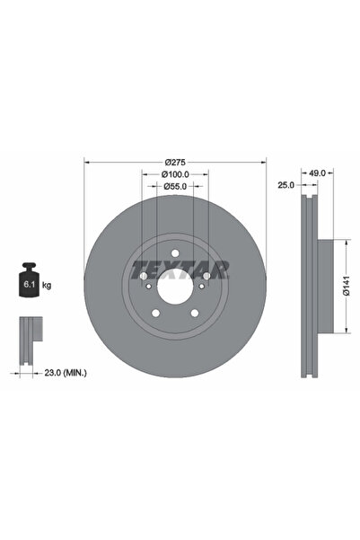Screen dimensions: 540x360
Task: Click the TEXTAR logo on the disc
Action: click(179, 269)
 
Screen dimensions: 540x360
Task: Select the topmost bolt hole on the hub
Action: click(174, 255)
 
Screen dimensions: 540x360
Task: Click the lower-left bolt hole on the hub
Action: click(155, 314)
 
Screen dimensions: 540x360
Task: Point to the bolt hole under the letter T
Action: click(144, 278)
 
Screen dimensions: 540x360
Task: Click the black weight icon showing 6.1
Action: click(30, 283)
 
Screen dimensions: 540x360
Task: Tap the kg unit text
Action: click(47, 285)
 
